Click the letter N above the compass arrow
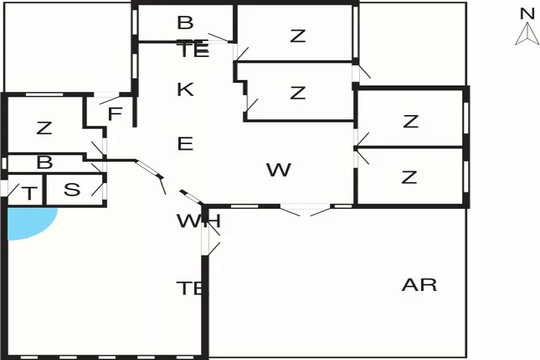click(526, 12)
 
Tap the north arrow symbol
click(527, 34)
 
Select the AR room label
click(419, 284)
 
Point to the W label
click(279, 170)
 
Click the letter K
click(185, 90)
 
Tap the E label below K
click(185, 143)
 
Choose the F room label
click(114, 114)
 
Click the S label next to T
click(72, 190)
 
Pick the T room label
click(29, 193)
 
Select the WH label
click(198, 221)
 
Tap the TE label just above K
click(193, 50)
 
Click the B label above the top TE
click(185, 23)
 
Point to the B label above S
click(45, 163)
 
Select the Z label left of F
click(45, 128)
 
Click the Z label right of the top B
click(298, 36)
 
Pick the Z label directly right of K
click(298, 93)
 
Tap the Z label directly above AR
click(410, 176)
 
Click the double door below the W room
click(306, 210)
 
